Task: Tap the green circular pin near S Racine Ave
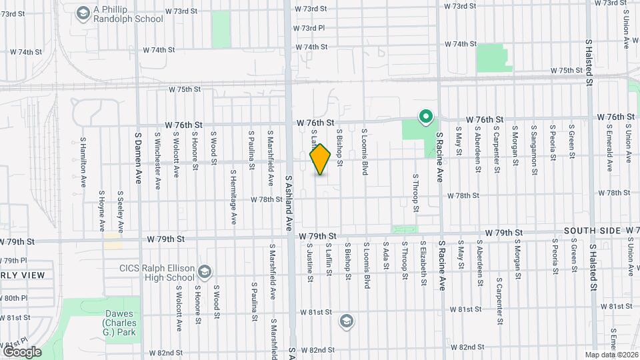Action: [425, 118]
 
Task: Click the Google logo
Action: [22, 351]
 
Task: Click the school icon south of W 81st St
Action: [346, 321]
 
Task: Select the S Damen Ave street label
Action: [139, 153]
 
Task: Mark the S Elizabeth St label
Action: [423, 263]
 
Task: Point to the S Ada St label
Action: [385, 257]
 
